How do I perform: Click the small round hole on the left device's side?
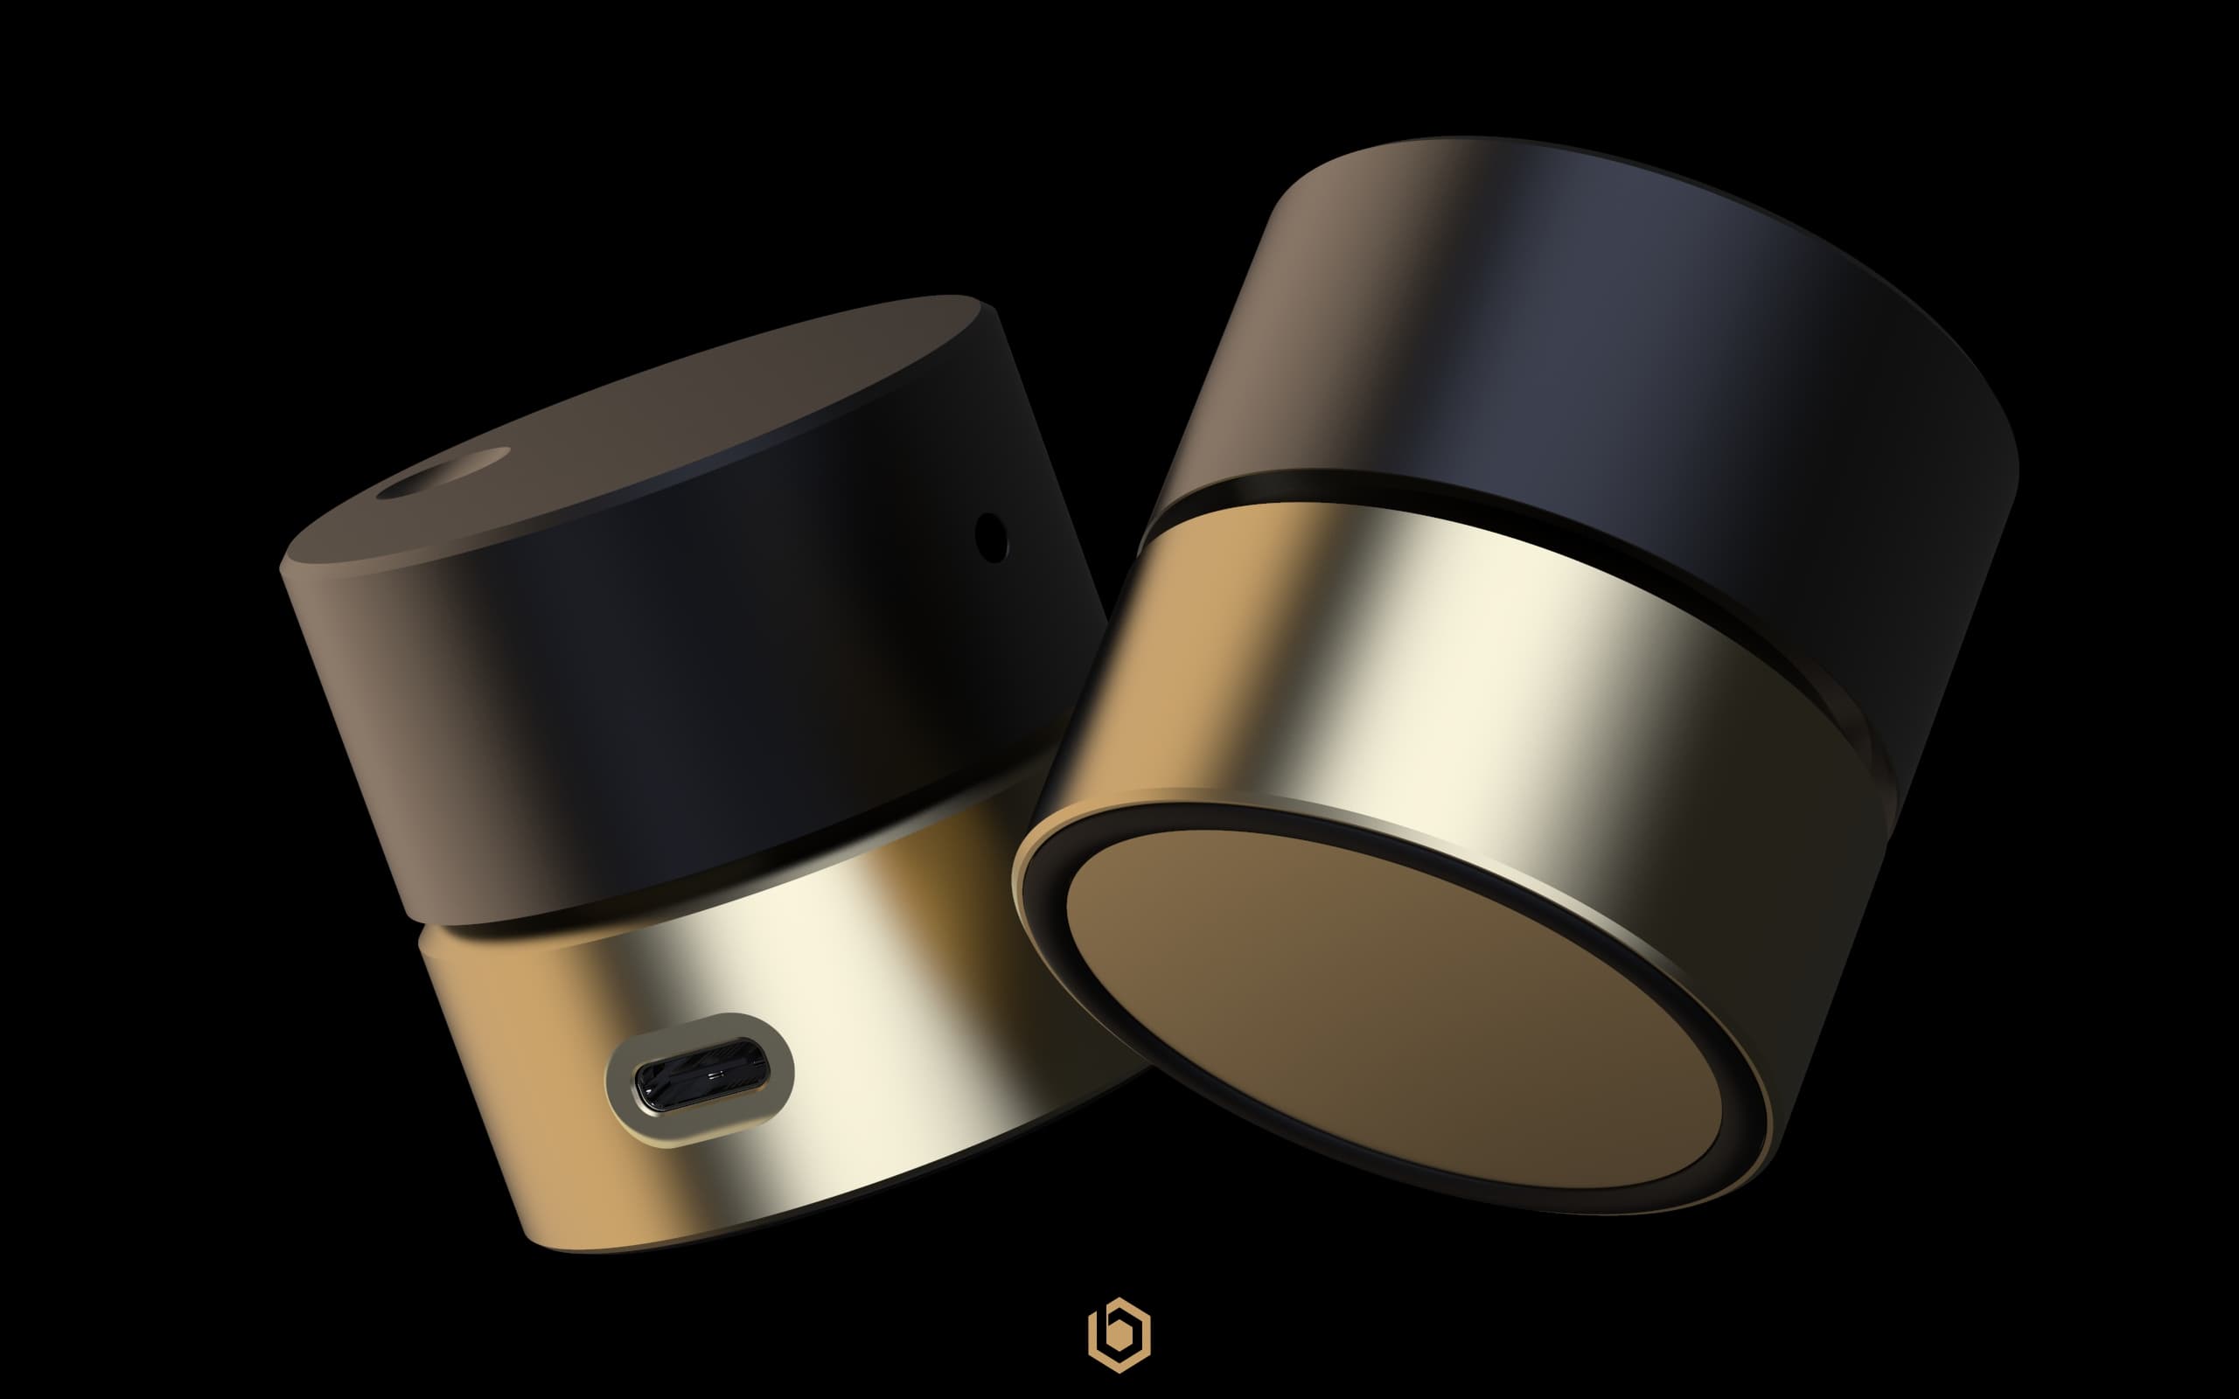coord(991,538)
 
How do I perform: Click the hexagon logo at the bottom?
coord(1119,1335)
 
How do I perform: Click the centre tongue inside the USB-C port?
coord(713,1076)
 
